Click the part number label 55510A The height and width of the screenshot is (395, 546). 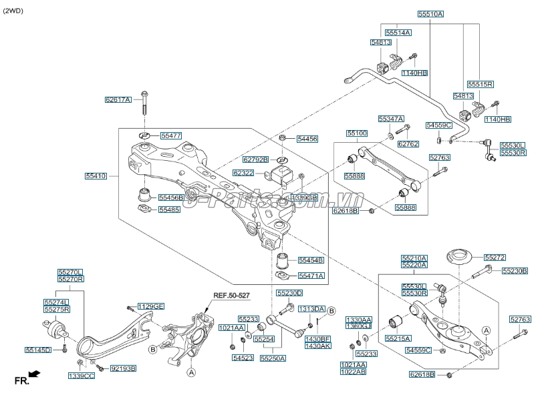431,14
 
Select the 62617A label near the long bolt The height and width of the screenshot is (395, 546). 118,100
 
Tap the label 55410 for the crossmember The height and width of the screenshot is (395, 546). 96,176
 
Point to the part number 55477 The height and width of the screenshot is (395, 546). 170,135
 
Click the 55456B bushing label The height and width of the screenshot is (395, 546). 170,197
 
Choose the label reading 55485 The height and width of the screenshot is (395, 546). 169,210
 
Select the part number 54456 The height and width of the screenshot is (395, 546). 307,139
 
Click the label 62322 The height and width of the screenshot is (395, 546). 243,173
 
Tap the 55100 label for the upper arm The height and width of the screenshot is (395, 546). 357,133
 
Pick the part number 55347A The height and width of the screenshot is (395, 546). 391,119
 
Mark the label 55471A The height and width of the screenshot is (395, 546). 311,276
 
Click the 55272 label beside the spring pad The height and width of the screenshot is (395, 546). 495,257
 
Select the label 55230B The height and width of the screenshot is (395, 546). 515,271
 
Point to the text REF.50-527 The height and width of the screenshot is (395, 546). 231,294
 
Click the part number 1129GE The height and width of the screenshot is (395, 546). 150,306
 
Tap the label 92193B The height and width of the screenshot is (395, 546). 123,368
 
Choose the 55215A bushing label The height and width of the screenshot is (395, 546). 398,339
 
